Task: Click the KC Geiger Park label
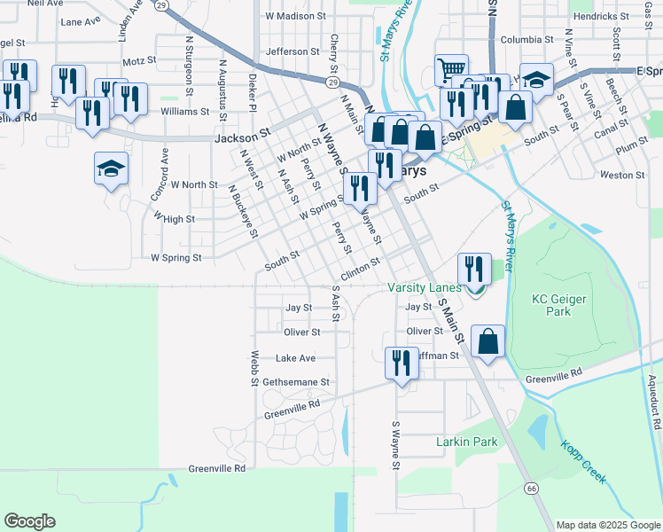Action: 559,306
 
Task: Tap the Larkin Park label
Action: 467,442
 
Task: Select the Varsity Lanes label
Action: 425,287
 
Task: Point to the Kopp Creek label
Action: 583,462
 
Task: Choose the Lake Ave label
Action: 295,358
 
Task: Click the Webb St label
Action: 253,368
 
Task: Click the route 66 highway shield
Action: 531,489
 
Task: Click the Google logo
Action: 29,521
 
